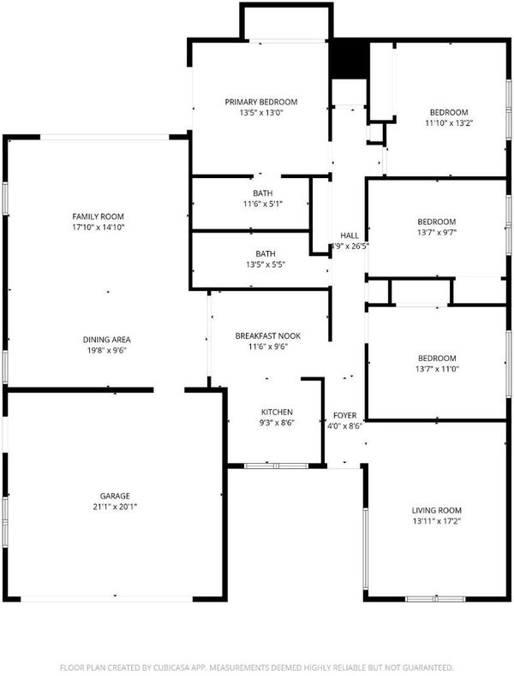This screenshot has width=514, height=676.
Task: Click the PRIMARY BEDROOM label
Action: (x=261, y=102)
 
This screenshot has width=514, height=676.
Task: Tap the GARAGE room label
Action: (x=115, y=496)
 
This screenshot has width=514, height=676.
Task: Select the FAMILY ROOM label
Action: (x=98, y=216)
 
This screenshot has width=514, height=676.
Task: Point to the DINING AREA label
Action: (x=106, y=340)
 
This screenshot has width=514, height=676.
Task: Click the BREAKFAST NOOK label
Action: (x=268, y=335)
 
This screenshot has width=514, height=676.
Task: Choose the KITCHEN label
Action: (x=277, y=412)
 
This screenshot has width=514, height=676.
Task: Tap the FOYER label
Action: (x=345, y=416)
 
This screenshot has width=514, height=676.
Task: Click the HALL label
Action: (x=350, y=235)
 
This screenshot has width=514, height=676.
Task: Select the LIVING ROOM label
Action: (x=437, y=511)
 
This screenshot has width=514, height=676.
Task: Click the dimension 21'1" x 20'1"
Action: (x=115, y=507)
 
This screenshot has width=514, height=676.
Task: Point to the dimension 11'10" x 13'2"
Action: (x=449, y=123)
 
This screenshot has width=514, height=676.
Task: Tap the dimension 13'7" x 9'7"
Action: (x=437, y=233)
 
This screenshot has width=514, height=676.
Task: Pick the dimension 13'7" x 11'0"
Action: (x=437, y=369)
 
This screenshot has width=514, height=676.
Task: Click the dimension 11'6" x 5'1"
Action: (x=263, y=204)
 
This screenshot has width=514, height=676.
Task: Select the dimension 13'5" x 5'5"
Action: (x=266, y=264)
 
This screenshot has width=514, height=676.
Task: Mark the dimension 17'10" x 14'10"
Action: (x=98, y=228)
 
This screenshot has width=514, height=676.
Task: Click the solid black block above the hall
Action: (x=350, y=59)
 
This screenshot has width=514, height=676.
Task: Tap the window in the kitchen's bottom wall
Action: (x=276, y=465)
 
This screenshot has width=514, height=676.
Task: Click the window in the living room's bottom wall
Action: (x=436, y=599)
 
